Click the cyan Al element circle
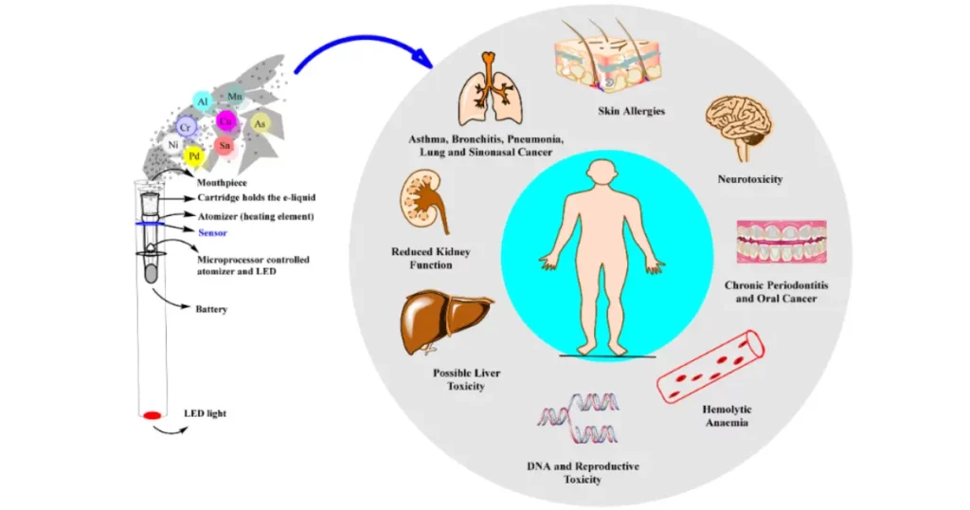[x=202, y=100]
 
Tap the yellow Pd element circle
[x=193, y=155]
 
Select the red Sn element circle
[x=225, y=145]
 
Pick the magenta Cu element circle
[x=225, y=120]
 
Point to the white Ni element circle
[x=172, y=145]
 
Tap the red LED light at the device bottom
[x=152, y=415]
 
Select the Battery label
[x=212, y=308]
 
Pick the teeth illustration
[x=775, y=242]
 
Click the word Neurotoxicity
[x=749, y=179]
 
